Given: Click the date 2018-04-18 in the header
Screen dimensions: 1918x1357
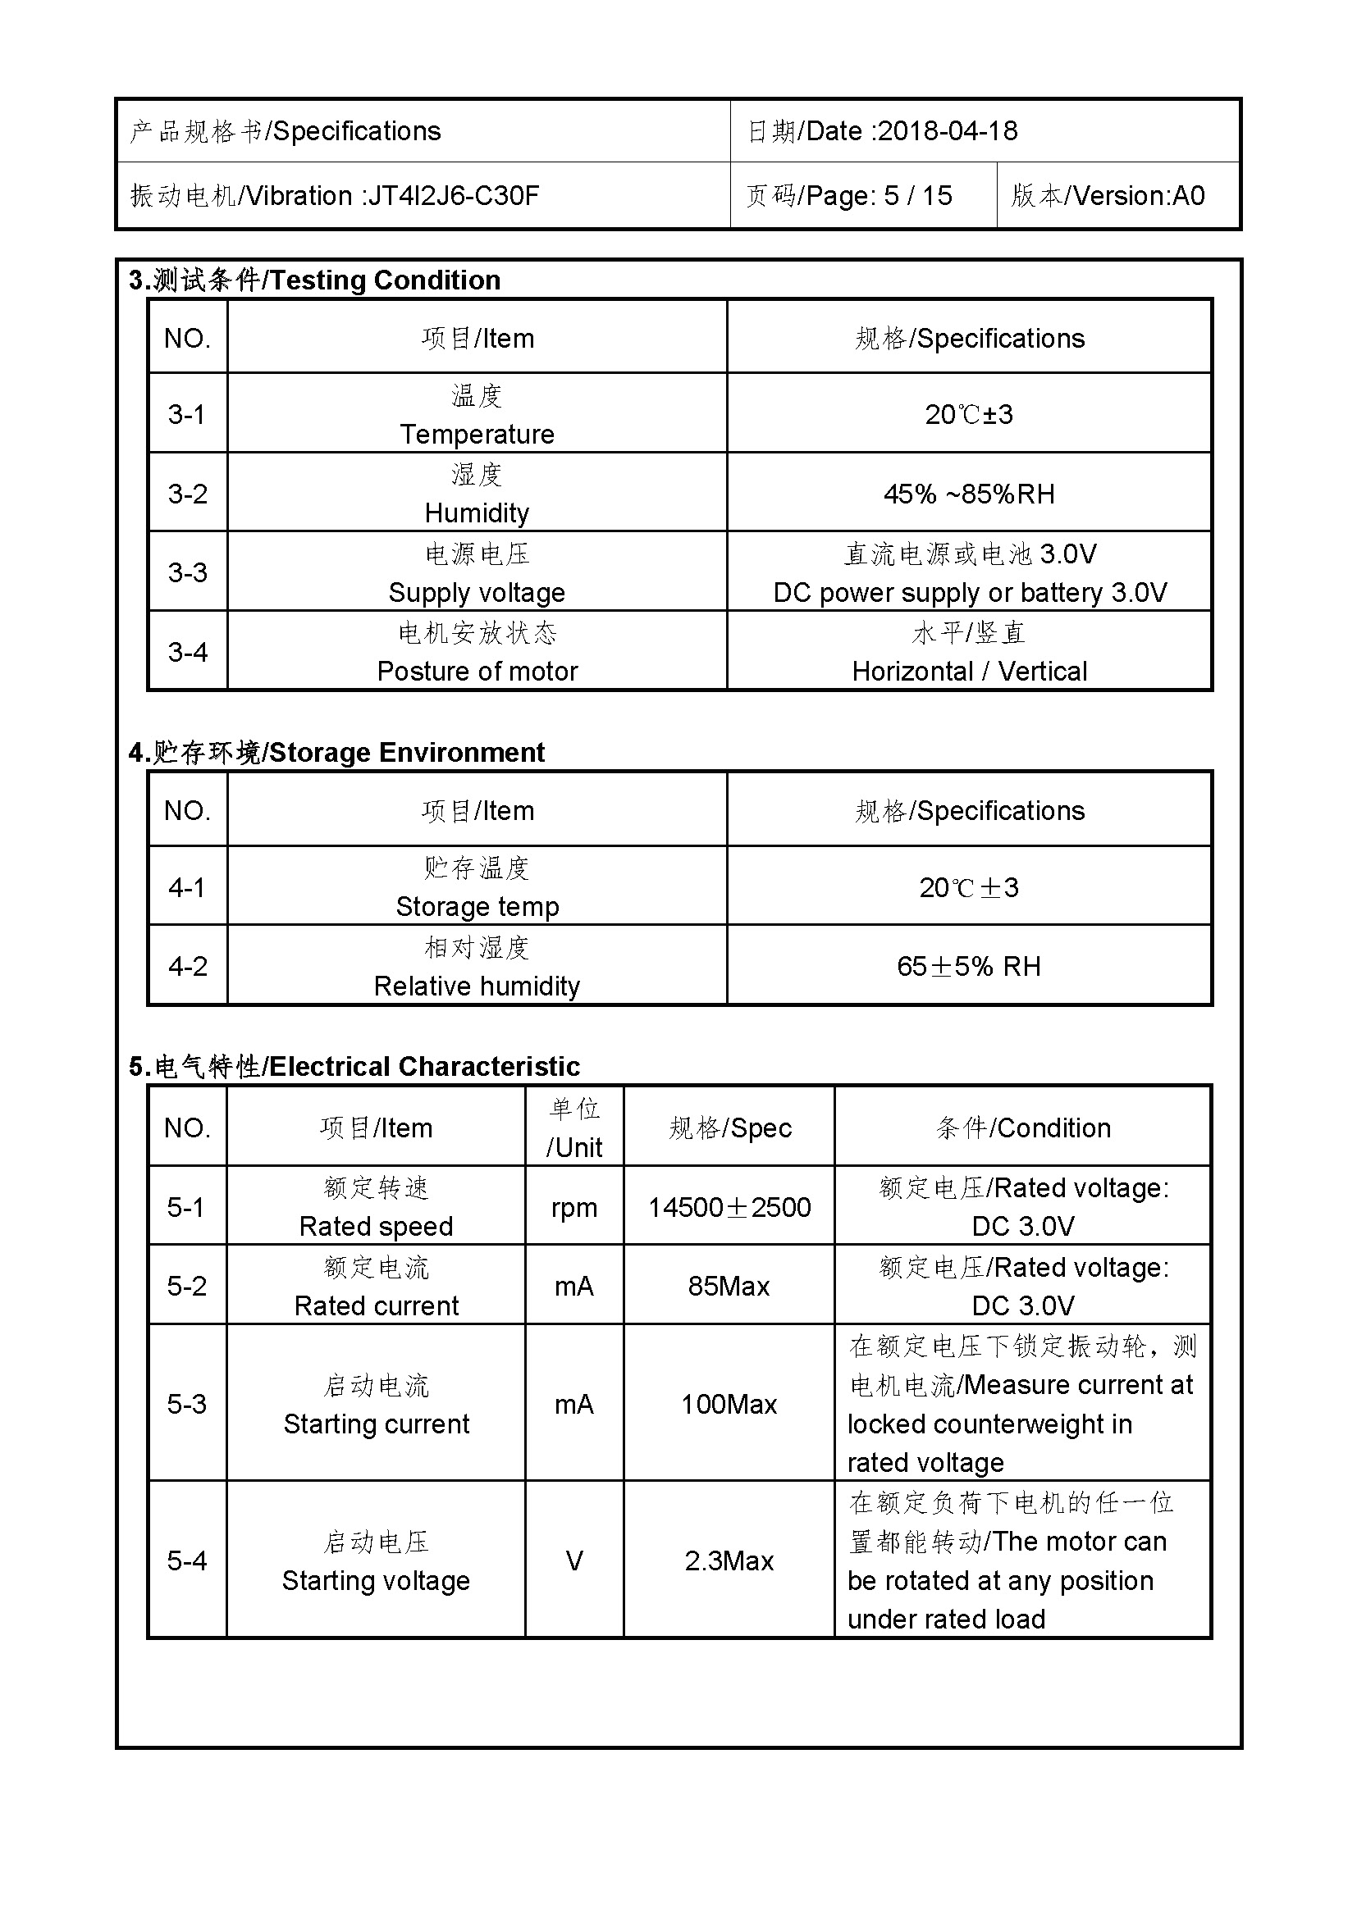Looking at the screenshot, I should pos(948,131).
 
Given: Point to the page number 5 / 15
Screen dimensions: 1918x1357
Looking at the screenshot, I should pos(917,196).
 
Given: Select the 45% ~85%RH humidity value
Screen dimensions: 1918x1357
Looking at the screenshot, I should pos(968,494).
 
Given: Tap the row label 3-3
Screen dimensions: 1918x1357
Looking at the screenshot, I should pos(187,572).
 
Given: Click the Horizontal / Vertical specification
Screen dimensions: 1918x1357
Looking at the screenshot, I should pos(969,672).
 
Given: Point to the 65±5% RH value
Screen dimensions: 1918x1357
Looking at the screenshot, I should pos(968,967).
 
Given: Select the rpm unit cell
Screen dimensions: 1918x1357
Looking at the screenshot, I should pos(574,1208).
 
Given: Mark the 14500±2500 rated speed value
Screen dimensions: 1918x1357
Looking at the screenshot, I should pos(729,1208).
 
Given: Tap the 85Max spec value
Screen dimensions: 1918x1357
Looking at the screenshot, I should pos(729,1287).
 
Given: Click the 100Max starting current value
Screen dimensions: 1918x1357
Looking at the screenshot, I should pos(729,1404).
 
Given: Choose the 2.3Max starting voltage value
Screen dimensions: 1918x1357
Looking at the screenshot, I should pos(729,1561).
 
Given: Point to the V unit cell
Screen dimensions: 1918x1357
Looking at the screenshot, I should pos(574,1561).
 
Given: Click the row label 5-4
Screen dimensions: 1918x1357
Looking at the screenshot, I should pos(187,1561).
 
